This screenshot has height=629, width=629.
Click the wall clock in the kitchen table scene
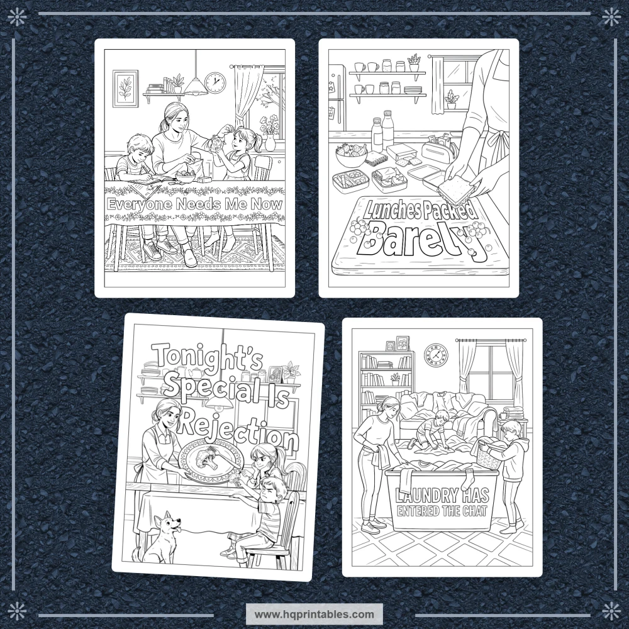click(215, 82)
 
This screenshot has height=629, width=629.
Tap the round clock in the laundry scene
click(436, 355)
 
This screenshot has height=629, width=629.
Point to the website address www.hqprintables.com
click(314, 614)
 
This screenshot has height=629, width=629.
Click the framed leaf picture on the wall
click(126, 89)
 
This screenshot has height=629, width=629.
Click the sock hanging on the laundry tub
click(468, 481)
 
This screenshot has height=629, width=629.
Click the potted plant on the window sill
click(452, 99)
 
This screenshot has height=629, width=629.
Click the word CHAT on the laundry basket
click(475, 511)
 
